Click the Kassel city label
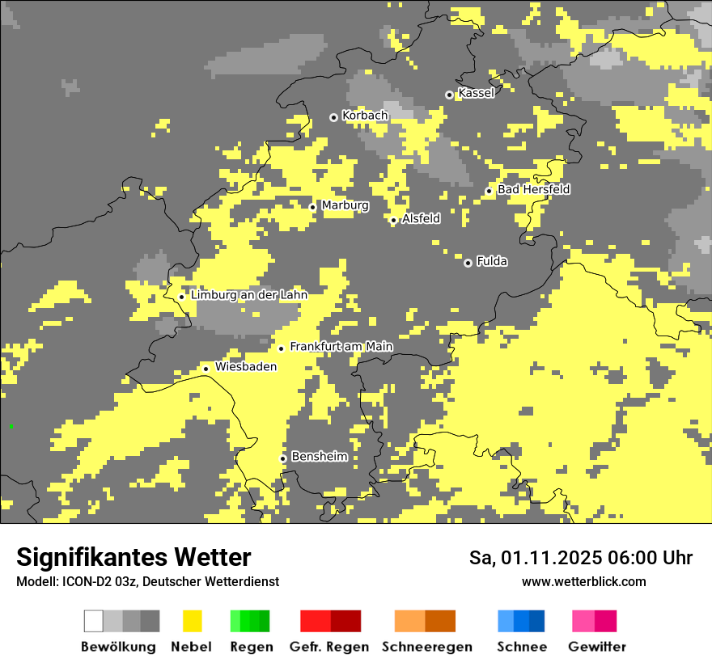tap(476, 93)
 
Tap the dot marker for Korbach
tap(333, 117)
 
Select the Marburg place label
tap(345, 205)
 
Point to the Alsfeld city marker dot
tap(393, 220)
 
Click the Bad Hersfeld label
tap(533, 189)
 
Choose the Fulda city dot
tap(468, 263)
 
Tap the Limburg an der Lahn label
tap(248, 295)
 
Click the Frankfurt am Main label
tap(341, 346)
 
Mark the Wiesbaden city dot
tap(206, 369)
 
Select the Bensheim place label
tap(319, 456)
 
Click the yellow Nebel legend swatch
tap(192, 621)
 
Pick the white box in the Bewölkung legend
tap(94, 621)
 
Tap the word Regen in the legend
tap(250, 647)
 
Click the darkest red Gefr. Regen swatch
tap(345, 621)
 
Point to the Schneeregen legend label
tap(426, 647)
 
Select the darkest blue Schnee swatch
tap(537, 621)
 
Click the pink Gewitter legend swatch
tap(583, 621)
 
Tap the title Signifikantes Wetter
tap(133, 557)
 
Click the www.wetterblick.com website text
tap(583, 581)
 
